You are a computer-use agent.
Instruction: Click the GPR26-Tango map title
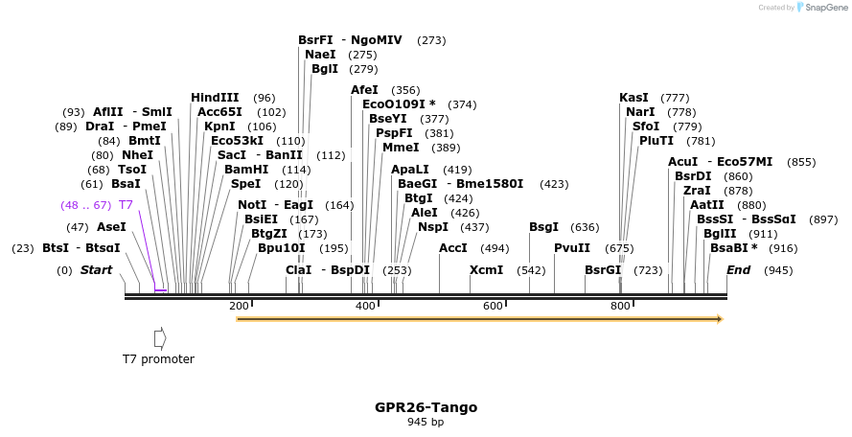point(426,407)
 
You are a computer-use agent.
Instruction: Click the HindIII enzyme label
point(215,98)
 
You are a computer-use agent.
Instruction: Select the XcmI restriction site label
point(486,270)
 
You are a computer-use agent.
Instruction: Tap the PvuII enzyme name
point(572,248)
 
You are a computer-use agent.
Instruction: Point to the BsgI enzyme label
point(543,227)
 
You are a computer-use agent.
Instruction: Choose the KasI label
point(633,98)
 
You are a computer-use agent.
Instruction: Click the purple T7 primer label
point(126,205)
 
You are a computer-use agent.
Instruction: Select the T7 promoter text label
point(158,359)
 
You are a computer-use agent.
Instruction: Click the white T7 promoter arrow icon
point(160,338)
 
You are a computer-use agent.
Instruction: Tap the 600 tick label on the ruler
point(493,306)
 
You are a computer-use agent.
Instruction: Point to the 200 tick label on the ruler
point(239,306)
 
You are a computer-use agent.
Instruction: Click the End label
point(738,270)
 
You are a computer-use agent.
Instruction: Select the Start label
point(96,270)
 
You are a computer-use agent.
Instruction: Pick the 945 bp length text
point(426,422)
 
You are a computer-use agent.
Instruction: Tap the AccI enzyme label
point(452,248)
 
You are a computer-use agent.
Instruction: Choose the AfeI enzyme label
point(364,90)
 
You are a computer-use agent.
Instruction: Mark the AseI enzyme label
point(111,227)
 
